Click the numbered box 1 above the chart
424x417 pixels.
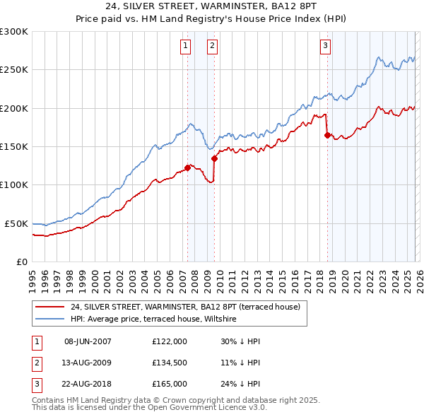pyautogui.click(x=185, y=47)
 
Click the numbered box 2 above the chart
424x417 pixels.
pyautogui.click(x=212, y=47)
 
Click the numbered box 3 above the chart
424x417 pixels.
pyautogui.click(x=325, y=47)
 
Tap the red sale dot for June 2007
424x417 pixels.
pyautogui.click(x=187, y=168)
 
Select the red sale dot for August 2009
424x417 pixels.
pyautogui.click(x=214, y=158)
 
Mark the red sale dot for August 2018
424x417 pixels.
pyautogui.click(x=327, y=135)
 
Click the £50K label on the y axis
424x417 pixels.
pyautogui.click(x=16, y=223)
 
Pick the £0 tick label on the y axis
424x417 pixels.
pyautogui.click(x=21, y=262)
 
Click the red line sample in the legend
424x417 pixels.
pyautogui.click(x=50, y=307)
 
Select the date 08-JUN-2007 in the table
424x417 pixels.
pyautogui.click(x=88, y=341)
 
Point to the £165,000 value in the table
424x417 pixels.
pyautogui.click(x=169, y=384)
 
